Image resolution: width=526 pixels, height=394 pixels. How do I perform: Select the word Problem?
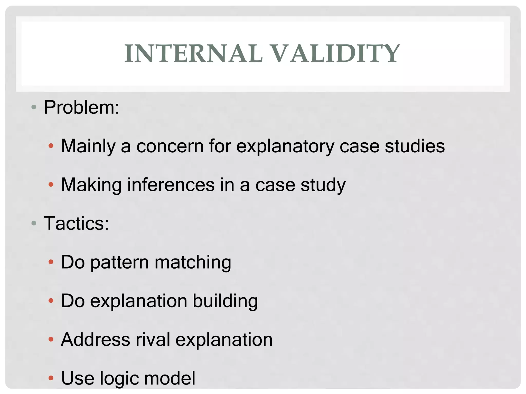point(82,107)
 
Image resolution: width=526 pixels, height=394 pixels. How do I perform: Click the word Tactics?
point(76,223)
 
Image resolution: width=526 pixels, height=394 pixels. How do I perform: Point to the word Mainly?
point(88,146)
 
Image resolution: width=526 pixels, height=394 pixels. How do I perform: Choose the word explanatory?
point(285,146)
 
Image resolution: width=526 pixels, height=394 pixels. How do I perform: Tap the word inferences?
point(171,185)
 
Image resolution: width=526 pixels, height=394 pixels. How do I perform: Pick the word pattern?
point(120,263)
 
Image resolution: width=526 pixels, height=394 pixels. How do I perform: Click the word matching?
point(193,263)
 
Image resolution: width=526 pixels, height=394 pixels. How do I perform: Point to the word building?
point(225,301)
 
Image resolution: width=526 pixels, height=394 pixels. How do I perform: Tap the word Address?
point(95,340)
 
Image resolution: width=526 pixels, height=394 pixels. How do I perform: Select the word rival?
point(153,340)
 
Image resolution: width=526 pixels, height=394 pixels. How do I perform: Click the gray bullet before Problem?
point(34,107)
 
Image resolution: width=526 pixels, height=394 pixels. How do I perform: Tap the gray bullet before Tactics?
point(34,223)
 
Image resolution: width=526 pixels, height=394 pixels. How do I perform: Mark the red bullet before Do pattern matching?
point(51,262)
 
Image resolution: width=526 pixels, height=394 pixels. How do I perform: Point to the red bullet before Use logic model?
point(51,378)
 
